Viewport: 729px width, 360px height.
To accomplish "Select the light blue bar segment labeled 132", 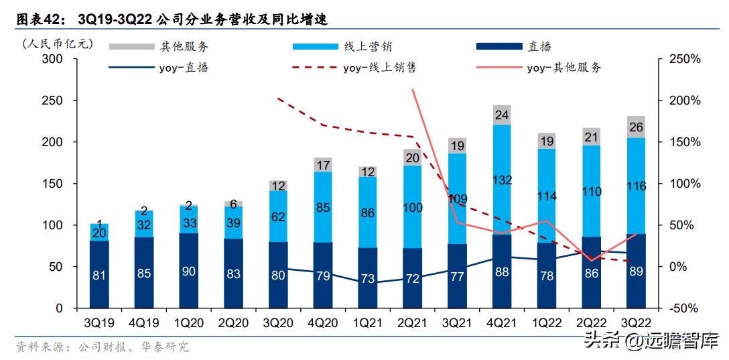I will (x=502, y=180).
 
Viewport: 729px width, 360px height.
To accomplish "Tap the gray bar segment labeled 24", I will (x=502, y=115).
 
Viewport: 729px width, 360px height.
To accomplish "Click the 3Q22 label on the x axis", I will (x=635, y=322).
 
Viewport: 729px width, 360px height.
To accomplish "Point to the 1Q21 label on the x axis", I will (x=367, y=322).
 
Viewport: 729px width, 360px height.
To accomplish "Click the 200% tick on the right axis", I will (x=684, y=101).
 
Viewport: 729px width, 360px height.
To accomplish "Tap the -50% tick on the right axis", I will (x=684, y=308).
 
